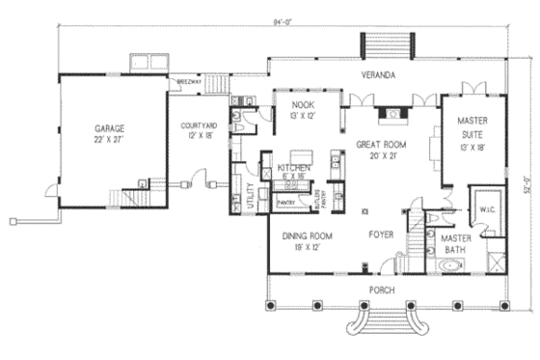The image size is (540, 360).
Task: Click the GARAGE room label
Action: coord(110,127)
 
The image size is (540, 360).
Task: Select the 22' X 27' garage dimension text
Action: coord(110,138)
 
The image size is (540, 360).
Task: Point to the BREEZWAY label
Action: coord(188,83)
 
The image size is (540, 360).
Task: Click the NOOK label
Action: coord(304,103)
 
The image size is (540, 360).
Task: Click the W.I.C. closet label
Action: coord(483,206)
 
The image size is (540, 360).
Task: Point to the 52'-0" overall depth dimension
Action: coord(526,180)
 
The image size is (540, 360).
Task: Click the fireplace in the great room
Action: coord(391,114)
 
